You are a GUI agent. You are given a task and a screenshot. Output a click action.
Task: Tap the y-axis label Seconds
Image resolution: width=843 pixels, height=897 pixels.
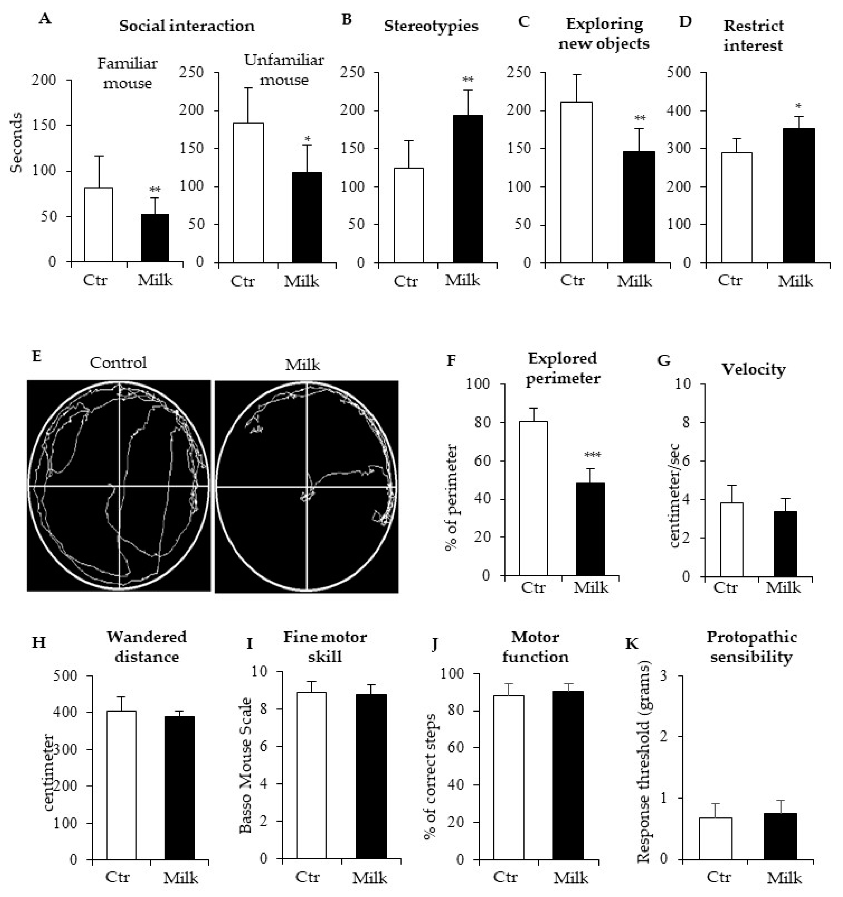click(x=17, y=143)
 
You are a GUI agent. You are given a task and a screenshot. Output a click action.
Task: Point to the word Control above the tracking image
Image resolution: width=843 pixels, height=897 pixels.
click(x=118, y=363)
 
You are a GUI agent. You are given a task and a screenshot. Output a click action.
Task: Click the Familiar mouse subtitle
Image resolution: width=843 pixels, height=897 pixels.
click(x=127, y=73)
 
